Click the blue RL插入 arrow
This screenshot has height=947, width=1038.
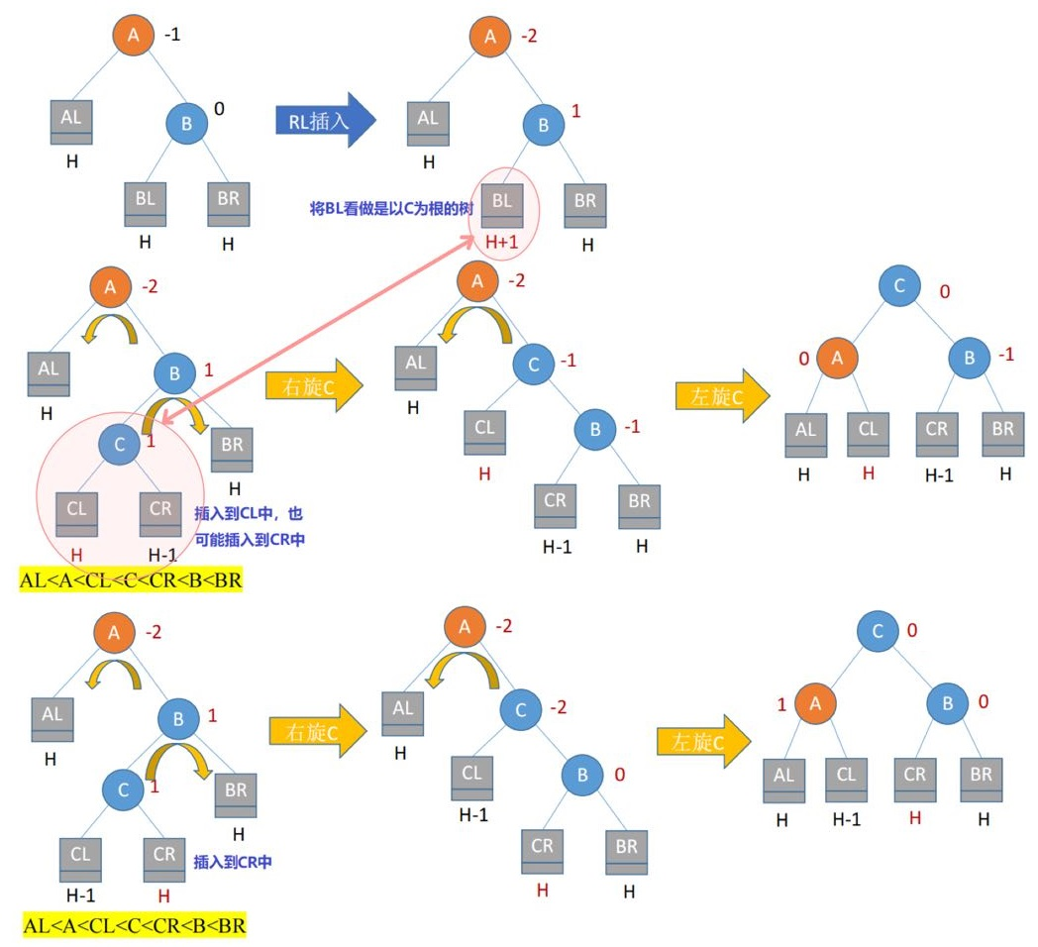point(323,121)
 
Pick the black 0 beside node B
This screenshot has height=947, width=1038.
point(219,108)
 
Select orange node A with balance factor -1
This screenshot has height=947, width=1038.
point(134,37)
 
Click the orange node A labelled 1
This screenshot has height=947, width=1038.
point(815,704)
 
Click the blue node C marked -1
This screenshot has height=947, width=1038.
point(533,365)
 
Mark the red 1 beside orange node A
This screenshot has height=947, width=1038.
point(780,705)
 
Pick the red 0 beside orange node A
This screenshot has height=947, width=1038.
point(803,357)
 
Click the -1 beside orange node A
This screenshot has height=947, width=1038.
point(172,36)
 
